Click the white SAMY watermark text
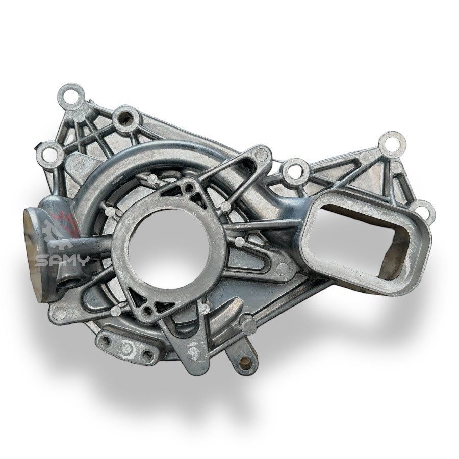[61, 260]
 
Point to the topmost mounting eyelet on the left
[71, 96]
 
